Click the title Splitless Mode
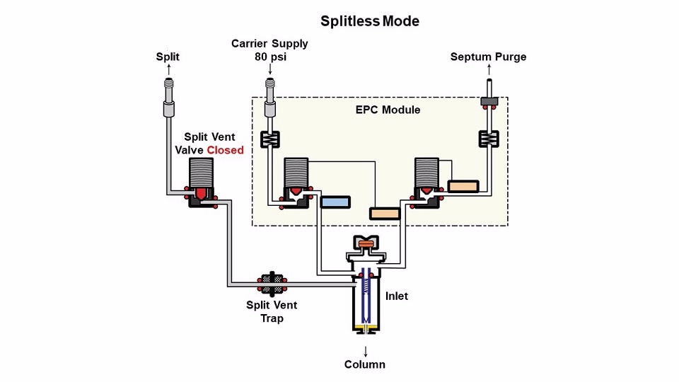pos(369,21)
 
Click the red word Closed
pos(225,150)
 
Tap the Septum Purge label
pos(488,57)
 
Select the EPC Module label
pos(388,110)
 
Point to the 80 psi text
pos(269,57)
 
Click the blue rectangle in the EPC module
pos(335,202)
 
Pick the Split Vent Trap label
pos(272,312)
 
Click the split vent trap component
pos(271,284)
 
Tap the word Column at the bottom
pos(364,364)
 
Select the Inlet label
pos(397,296)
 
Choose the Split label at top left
pos(168,57)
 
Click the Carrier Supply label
pos(269,44)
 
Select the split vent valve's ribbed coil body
pos(203,172)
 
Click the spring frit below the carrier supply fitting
pos(269,139)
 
